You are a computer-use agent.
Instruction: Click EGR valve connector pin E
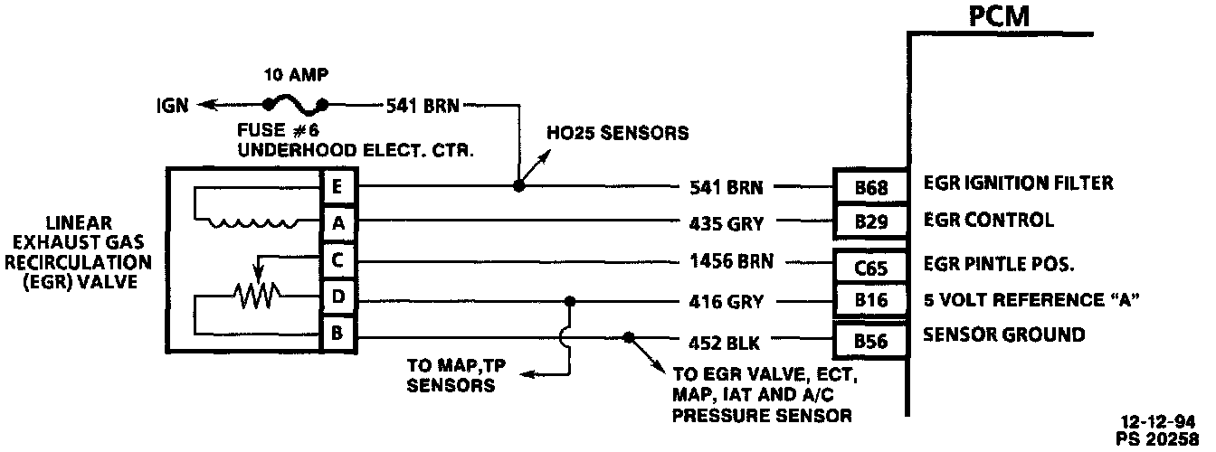[x=337, y=188]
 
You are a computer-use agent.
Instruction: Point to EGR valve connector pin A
[x=337, y=221]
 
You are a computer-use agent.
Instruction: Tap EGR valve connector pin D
[x=337, y=296]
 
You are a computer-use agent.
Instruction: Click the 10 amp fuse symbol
[x=295, y=104]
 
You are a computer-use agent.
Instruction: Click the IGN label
[x=171, y=106]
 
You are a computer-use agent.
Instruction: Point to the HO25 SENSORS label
[x=618, y=133]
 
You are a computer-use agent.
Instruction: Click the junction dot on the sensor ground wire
[x=628, y=337]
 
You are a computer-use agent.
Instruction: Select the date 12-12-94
[x=1167, y=421]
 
